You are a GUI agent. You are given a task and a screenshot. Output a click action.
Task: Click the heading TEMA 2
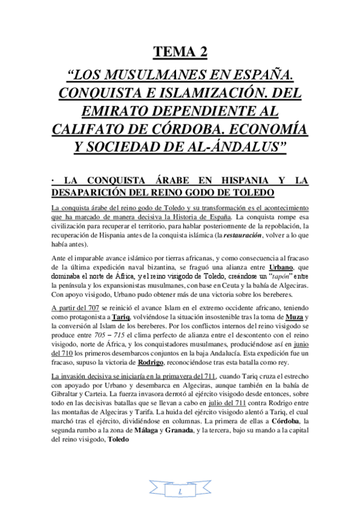coord(180,52)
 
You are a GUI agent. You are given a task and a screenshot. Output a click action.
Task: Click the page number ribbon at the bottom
coord(179,491)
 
